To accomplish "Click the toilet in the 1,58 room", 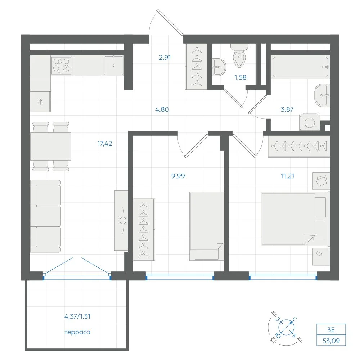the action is tap(239, 56).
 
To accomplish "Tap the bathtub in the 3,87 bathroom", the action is tap(300, 67).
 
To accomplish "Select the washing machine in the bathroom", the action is tap(310, 122).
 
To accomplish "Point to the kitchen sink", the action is tap(113, 66).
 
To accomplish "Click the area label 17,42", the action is tap(104, 144).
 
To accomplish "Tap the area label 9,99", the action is tap(178, 176).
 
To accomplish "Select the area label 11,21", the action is tap(287, 176).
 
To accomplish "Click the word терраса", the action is tap(77, 332).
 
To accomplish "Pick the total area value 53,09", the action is tap(331, 341).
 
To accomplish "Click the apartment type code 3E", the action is tap(331, 330).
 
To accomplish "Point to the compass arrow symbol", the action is tap(287, 327).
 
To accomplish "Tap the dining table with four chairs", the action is tap(51, 147).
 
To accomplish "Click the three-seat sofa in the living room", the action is tap(45, 216).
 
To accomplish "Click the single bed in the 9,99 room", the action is tap(206, 226).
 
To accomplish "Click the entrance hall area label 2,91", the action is tap(165, 57).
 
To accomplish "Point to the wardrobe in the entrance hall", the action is tap(197, 66).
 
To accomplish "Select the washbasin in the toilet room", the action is tap(219, 67).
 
